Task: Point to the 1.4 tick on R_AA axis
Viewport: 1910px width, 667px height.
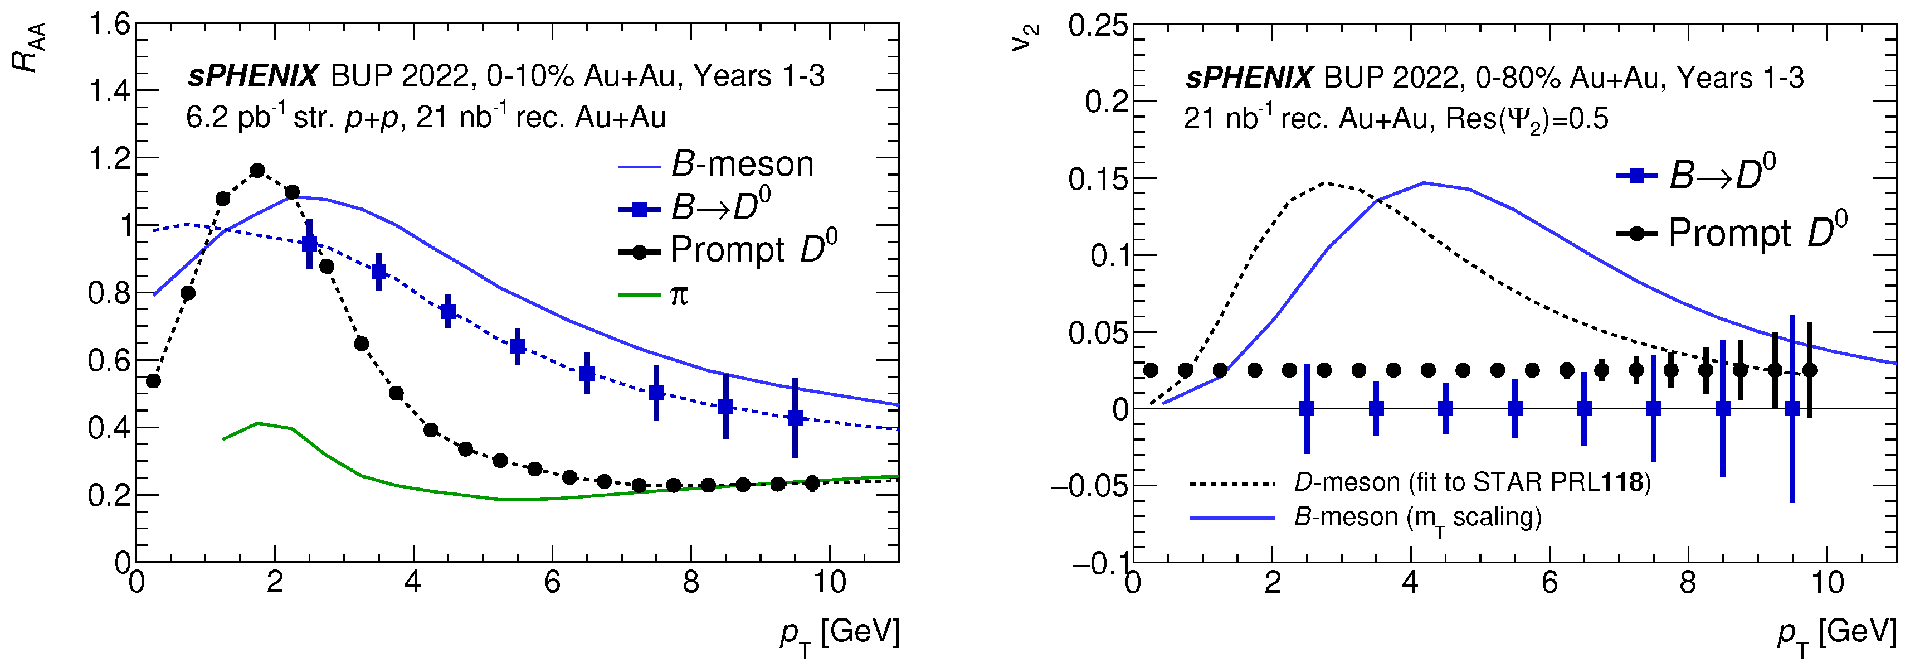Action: tap(110, 91)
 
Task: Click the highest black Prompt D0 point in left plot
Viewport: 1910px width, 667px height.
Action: tap(257, 171)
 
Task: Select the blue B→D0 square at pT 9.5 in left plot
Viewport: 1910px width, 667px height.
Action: tap(795, 418)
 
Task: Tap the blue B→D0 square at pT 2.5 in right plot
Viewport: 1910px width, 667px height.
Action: tap(1307, 409)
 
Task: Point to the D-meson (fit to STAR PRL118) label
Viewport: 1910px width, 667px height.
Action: tap(1472, 483)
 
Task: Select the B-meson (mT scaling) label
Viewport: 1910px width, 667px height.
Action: tap(1417, 517)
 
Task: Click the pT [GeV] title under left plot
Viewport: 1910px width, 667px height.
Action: tap(839, 634)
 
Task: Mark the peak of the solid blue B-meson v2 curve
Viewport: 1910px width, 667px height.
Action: tap(1424, 182)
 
